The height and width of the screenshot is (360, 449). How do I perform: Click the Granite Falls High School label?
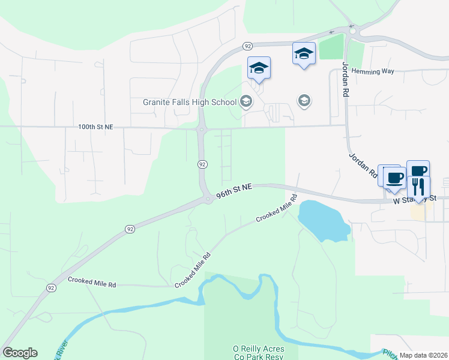(190, 102)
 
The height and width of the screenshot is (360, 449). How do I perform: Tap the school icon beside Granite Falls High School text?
(246, 101)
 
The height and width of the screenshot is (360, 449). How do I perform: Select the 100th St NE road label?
(95, 127)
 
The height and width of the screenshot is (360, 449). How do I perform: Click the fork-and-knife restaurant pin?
(418, 187)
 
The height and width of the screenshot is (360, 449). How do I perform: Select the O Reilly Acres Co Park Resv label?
(258, 353)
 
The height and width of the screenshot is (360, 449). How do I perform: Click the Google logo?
(20, 353)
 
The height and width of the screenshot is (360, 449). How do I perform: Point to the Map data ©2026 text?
(423, 355)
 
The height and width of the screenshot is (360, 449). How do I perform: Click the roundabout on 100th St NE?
(201, 128)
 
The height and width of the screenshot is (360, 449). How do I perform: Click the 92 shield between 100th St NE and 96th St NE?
(202, 164)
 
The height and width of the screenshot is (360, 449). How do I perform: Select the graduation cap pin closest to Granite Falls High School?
(259, 68)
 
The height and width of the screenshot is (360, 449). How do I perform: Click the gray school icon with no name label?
(304, 100)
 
